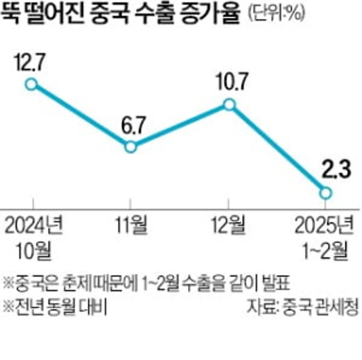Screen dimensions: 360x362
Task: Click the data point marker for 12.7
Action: [31, 84]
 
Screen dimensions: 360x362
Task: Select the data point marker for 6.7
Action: [130, 147]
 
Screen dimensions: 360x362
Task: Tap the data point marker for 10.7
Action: [229, 105]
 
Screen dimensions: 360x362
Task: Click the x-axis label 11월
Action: [130, 225]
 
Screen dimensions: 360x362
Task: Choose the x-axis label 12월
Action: [229, 225]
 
